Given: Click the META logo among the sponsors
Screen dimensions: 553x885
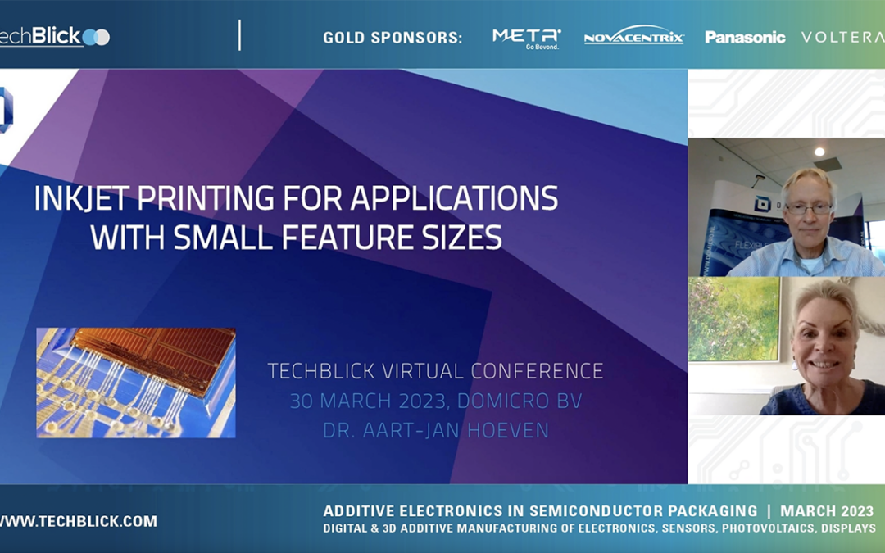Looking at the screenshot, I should [x=526, y=37].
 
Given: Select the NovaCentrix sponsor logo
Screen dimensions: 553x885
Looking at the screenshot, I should [x=633, y=37].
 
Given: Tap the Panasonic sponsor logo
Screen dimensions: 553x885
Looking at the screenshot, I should [x=745, y=37].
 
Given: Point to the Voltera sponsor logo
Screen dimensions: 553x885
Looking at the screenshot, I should [x=842, y=37].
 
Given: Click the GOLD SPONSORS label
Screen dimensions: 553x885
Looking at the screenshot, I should [x=393, y=38].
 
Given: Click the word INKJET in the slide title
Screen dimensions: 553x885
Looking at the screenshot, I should [x=81, y=199].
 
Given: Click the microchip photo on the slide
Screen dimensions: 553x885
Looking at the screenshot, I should [x=136, y=383].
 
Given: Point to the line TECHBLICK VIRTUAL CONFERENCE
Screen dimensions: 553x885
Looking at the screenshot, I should [x=435, y=371].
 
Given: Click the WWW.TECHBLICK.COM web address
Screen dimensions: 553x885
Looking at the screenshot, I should [x=79, y=521].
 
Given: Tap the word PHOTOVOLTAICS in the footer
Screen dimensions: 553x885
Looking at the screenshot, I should [x=772, y=528].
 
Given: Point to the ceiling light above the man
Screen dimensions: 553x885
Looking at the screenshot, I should [x=819, y=152].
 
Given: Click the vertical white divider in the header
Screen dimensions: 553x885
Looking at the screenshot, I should [x=239, y=35].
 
